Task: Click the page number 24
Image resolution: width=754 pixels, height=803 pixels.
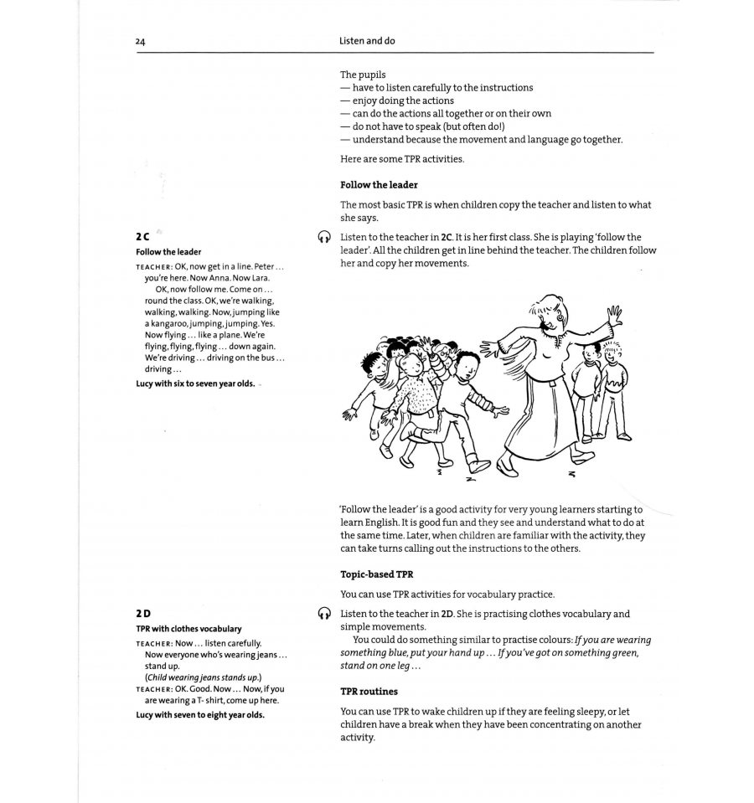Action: (x=140, y=41)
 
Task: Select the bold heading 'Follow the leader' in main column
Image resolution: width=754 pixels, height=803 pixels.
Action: (x=379, y=184)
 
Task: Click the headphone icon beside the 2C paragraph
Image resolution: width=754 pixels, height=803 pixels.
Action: (x=325, y=238)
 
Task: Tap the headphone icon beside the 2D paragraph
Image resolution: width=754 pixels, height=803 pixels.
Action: (x=325, y=614)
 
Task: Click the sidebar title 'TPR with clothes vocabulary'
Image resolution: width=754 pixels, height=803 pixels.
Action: (x=188, y=629)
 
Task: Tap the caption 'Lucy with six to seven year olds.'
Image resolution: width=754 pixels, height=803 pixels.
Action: (x=195, y=383)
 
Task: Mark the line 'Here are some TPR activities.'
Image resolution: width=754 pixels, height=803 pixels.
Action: (x=401, y=159)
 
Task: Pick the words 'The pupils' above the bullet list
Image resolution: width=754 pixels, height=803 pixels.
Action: (x=363, y=74)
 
